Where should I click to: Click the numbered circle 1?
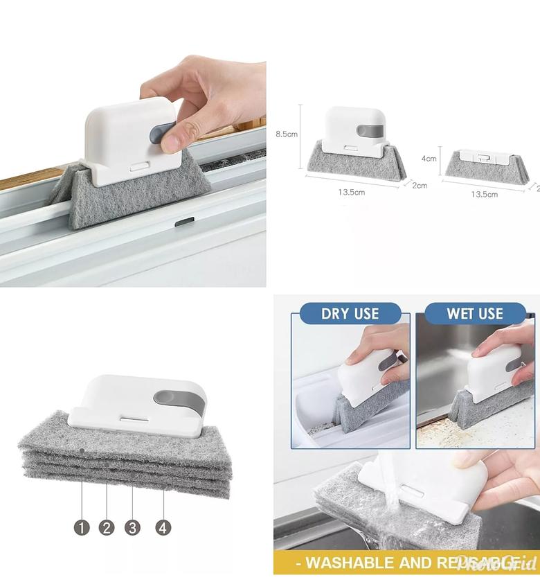click(82, 527)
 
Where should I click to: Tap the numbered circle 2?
click(107, 527)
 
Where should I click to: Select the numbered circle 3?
click(132, 527)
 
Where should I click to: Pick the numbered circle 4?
click(163, 527)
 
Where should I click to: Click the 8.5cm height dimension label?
click(287, 134)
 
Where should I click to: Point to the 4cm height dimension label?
click(429, 158)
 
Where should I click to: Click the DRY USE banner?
click(350, 313)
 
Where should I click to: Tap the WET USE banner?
click(475, 313)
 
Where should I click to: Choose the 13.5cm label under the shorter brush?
click(484, 195)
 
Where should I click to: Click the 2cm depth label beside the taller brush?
click(420, 186)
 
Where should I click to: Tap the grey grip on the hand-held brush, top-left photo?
click(167, 136)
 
